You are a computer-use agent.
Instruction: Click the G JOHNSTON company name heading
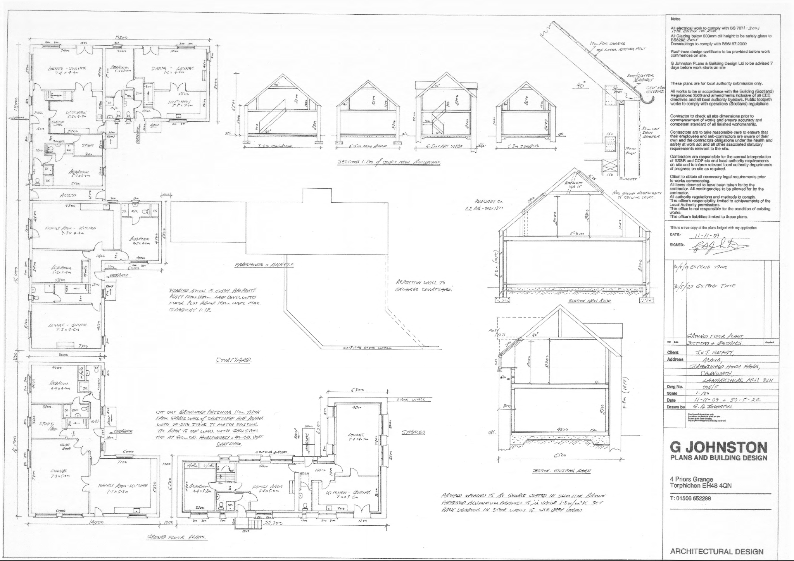tap(718, 448)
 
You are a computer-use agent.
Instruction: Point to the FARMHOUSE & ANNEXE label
tap(264, 265)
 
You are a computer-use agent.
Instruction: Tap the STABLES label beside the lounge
tap(414, 432)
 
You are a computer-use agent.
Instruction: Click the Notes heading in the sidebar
tap(675, 19)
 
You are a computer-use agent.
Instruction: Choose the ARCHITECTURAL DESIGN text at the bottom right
tap(716, 551)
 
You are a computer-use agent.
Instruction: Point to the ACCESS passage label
tap(68, 195)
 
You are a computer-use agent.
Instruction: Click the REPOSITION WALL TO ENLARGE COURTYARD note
tap(424, 286)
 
